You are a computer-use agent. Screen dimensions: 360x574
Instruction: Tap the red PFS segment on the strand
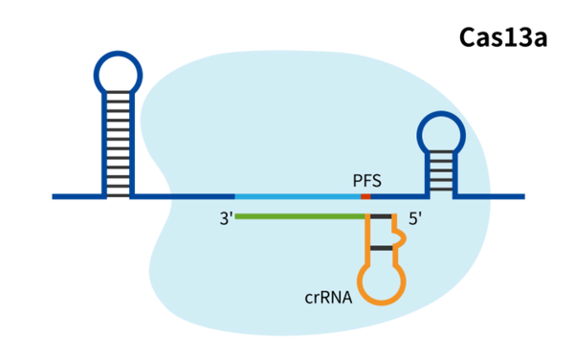365,196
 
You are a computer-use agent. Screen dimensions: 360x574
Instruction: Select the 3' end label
226,218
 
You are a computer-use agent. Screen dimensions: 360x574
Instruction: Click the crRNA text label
328,298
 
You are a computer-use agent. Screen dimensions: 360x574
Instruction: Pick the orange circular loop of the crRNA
381,281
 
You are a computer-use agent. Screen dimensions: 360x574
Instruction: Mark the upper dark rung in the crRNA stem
381,217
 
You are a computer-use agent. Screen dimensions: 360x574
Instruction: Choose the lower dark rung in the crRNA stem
381,248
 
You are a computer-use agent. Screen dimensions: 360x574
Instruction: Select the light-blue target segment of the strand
297,196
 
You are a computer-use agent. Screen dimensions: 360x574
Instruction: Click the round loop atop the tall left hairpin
117,73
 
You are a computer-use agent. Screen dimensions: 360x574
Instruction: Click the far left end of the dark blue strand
55,196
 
